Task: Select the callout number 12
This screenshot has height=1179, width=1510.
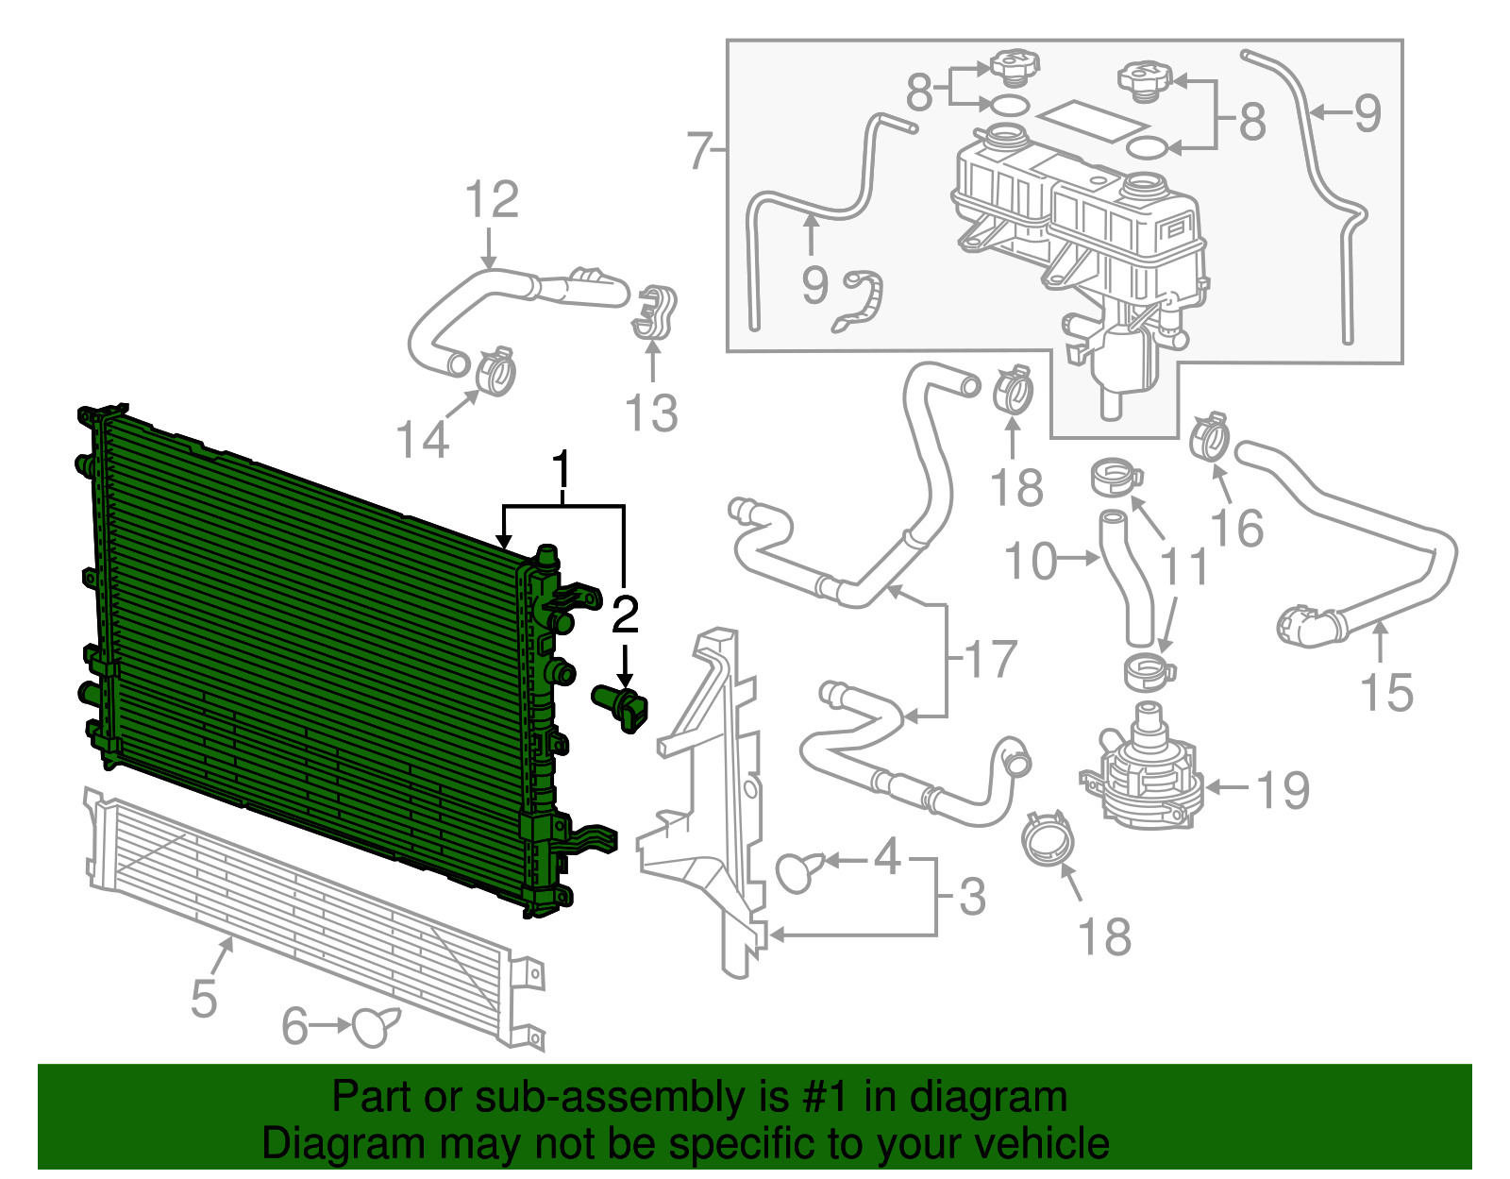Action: pyautogui.click(x=492, y=200)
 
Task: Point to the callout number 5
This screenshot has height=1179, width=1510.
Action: pyautogui.click(x=204, y=999)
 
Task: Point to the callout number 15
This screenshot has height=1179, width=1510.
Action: pyautogui.click(x=1386, y=693)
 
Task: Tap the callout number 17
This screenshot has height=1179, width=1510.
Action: pyautogui.click(x=991, y=659)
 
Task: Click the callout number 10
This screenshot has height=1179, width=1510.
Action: pyautogui.click(x=1031, y=562)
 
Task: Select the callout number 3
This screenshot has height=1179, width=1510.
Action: pyautogui.click(x=972, y=897)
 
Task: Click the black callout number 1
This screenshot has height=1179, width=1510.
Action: pyautogui.click(x=562, y=469)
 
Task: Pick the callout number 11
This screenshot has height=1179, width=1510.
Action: pyautogui.click(x=1183, y=566)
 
